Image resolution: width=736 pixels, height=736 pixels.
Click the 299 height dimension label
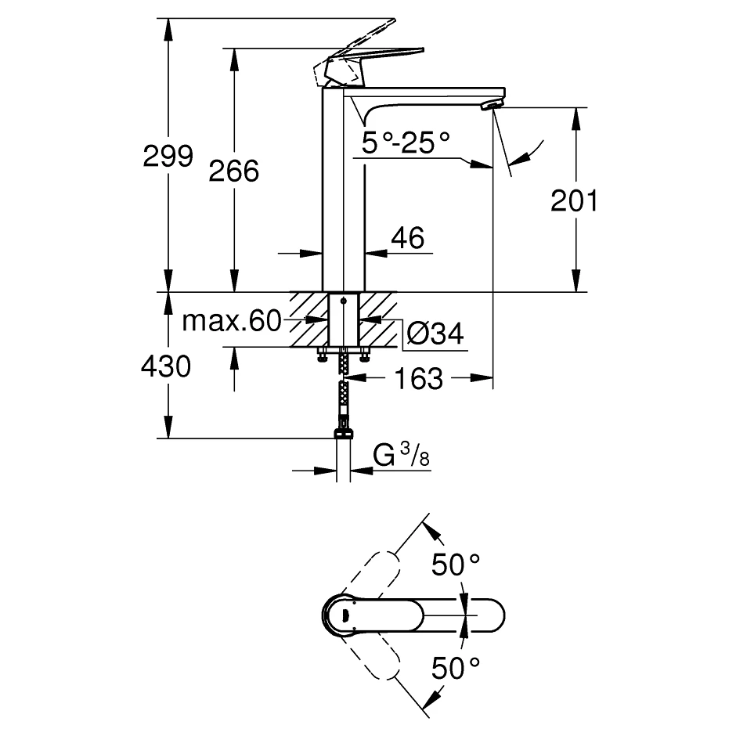168,156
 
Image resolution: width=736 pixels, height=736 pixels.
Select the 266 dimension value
234,170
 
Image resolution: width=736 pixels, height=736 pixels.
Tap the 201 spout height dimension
574,201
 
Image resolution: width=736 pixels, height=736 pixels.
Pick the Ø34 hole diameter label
435,334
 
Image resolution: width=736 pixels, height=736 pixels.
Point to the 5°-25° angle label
406,143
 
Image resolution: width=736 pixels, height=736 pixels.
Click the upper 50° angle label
456,564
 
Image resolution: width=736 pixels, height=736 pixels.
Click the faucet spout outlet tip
491,106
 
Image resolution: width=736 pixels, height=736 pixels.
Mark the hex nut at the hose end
342,432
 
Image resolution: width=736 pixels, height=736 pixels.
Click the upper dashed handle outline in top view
374,575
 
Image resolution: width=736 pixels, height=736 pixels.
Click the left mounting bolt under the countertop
322,356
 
